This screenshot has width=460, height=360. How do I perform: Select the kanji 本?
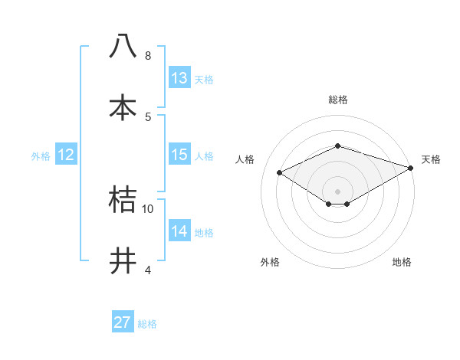123,106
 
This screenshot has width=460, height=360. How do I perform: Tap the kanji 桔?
123,199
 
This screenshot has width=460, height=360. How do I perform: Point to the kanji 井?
123,260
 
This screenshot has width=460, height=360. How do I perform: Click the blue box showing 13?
179,78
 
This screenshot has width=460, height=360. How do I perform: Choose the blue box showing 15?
179,155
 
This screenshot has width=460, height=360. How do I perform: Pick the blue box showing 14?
179,231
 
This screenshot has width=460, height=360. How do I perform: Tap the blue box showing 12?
66,155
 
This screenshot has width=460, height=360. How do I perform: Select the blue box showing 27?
123,322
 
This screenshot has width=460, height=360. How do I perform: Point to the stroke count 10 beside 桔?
148,208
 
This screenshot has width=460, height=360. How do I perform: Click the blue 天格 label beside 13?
204,80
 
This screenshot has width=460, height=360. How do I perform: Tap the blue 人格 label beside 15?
204,156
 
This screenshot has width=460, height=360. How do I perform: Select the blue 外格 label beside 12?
41,156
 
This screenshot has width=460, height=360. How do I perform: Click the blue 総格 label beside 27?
147,324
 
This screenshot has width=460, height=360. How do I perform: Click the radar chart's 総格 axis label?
337,100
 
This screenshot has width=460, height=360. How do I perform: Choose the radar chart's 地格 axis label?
402,262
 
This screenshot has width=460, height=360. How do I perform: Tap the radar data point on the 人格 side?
280,173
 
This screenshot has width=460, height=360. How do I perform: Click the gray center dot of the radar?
337,191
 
